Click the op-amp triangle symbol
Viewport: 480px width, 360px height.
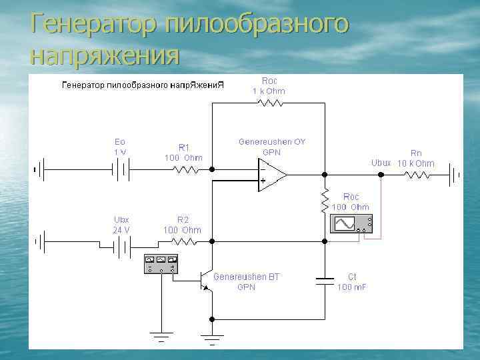click(272, 175)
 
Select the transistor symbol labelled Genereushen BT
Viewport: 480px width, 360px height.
click(206, 281)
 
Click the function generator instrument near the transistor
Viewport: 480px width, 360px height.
click(161, 264)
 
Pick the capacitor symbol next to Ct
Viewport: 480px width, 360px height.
click(325, 281)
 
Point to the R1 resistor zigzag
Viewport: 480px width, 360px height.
click(186, 170)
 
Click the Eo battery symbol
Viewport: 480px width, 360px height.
click(120, 170)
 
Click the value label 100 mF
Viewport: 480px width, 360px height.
click(352, 287)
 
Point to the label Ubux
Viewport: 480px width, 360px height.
click(381, 163)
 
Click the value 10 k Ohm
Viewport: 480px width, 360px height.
click(415, 163)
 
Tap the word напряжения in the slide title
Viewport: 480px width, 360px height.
click(105, 55)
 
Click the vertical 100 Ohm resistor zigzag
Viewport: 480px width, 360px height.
click(325, 198)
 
